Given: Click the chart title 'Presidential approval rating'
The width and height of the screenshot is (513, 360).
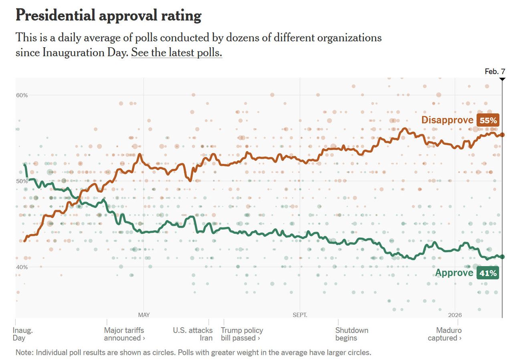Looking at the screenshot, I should tap(108, 16).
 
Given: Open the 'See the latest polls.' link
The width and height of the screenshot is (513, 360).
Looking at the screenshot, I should tap(176, 53).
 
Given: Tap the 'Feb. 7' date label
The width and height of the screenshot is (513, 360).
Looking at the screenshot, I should tap(495, 71).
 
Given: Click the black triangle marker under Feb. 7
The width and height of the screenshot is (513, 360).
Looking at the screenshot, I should tap(502, 79).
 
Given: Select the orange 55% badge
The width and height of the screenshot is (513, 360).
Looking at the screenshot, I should tap(488, 120).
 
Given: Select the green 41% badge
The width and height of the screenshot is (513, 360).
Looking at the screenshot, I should tap(488, 273).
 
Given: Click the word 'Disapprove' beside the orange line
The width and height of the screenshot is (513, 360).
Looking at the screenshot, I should tap(447, 120).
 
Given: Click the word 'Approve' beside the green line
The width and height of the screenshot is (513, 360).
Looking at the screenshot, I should tap(454, 273).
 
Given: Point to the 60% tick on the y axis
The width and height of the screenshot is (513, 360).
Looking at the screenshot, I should tap(22, 95).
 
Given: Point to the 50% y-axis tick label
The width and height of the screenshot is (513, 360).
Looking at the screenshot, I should tap(22, 181).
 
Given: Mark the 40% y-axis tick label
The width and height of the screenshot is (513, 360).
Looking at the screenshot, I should tap(22, 267).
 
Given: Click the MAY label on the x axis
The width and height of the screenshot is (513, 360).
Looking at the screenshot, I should tap(143, 315).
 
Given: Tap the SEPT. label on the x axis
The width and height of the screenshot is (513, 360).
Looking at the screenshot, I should tap(300, 315).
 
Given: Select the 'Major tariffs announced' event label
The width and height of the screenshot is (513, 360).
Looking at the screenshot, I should tap(124, 334).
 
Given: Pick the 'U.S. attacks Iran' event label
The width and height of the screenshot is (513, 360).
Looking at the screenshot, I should tap(193, 334).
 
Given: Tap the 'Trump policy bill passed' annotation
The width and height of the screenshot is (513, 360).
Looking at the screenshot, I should tap(242, 334).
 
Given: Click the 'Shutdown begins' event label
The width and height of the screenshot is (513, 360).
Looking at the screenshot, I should tap(351, 334).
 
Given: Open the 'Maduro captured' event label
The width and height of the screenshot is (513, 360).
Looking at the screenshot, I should tap(446, 334).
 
